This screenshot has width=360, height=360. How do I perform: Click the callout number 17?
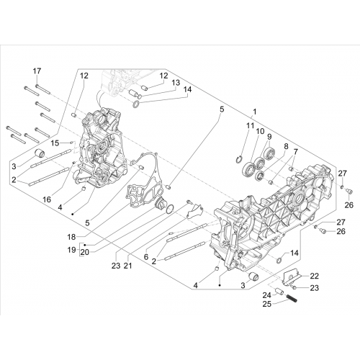coord(37,71)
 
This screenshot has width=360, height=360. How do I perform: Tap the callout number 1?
coord(254,112)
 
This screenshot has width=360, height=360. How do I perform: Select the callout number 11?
coord(250,125)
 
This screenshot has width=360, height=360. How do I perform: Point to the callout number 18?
coord(71,237)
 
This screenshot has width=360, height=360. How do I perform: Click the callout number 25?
coord(266,304)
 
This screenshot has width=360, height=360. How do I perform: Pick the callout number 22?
coord(315,276)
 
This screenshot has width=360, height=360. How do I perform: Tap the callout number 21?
coord(127,266)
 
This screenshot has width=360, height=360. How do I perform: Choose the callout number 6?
coord(146,257)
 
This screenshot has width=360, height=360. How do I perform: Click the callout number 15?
coord(55,143)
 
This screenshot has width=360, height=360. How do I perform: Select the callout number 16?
coord(47,199)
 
